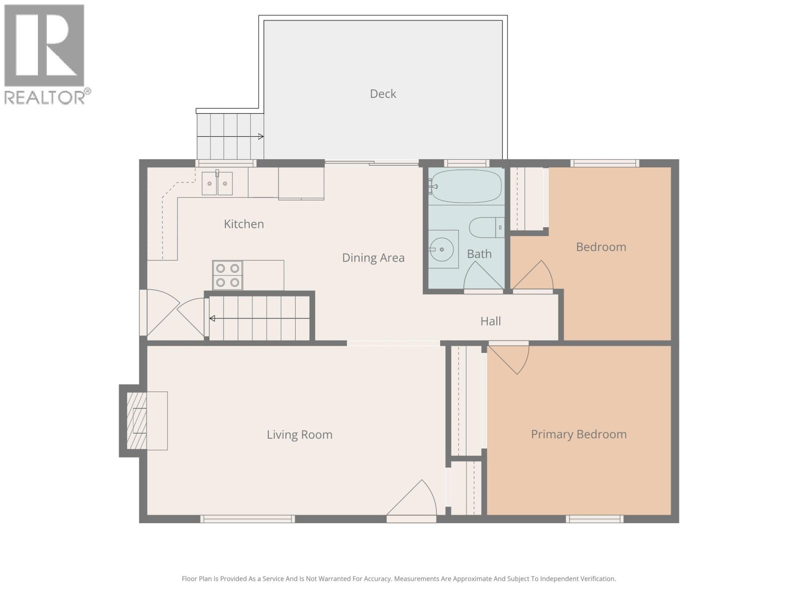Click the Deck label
point(383,94)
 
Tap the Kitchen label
point(244,224)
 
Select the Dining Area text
point(373,258)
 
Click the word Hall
point(490,321)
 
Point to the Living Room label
point(299,435)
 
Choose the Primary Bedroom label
point(579,434)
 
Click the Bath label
point(479,254)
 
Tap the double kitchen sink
point(217,183)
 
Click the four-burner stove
point(227,275)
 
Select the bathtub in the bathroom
point(466,186)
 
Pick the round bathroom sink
point(442,249)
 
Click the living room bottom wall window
point(247,519)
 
